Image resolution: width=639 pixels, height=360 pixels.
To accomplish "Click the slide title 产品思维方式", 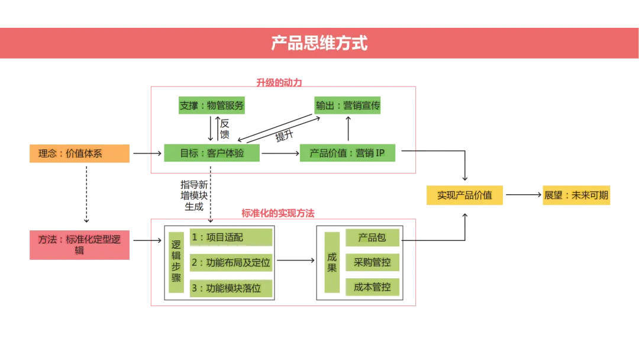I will coord(319,43).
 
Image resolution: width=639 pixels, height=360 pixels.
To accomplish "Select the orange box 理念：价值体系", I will coord(79,153).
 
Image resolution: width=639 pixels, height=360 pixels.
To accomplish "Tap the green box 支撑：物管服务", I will coord(211,106).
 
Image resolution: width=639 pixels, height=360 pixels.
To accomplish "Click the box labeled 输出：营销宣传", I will coord(347,106).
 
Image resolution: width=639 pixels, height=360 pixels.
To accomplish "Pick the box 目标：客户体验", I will coord(211,153).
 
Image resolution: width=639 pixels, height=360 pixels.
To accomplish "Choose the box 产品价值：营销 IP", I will coord(347,153).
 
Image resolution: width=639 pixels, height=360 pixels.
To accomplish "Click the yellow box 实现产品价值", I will coord(464,195).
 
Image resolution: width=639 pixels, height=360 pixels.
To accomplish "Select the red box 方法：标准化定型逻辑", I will coord(79,245).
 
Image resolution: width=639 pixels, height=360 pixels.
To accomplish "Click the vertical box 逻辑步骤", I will coord(176,261).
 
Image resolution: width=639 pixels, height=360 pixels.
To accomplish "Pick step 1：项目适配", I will coord(231,237).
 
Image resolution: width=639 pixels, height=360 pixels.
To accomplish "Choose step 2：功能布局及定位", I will coord(231,262).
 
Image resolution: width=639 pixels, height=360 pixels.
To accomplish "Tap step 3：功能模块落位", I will coord(231,288).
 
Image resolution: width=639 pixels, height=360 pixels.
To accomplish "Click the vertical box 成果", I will coord(331,262).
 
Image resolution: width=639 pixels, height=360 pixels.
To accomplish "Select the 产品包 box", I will coord(372,237).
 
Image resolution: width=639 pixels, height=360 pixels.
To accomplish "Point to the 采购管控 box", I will coord(372,262).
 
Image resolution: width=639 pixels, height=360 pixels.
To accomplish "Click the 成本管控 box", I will coord(372,287).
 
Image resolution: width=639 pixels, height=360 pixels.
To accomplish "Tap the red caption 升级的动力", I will coord(279,82).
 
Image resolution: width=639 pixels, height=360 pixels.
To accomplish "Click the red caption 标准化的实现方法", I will coord(278,213).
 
